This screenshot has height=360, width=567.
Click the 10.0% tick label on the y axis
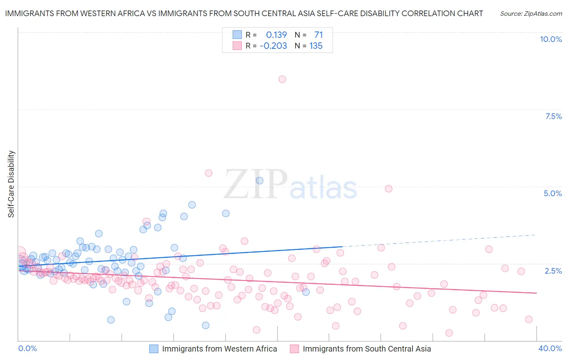pos(550,39)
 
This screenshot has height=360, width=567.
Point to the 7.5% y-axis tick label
pos(553,116)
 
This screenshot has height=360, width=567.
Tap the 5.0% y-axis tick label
pos(552,193)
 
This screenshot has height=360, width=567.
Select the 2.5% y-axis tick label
pos(553,271)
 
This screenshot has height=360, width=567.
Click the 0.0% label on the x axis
pos(27,348)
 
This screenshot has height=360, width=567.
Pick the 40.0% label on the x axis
pos(550,348)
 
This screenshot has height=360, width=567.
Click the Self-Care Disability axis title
pos(11,184)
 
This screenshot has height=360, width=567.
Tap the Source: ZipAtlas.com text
pos(531,14)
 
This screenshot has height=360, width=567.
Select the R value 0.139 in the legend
pos(276,35)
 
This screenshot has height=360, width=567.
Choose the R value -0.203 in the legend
pos(273,46)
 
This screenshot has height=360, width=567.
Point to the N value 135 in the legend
pos(316,46)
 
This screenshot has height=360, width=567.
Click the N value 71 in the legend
pos(319,35)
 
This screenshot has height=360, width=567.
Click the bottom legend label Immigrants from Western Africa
pos(219,349)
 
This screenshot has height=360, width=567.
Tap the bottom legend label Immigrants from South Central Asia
pos(367,349)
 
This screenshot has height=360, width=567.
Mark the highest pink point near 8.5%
pos(282,79)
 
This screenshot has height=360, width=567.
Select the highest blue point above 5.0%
pos(259,181)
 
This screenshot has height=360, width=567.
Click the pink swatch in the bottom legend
pos(294,349)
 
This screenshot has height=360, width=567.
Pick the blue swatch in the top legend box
pos(237,35)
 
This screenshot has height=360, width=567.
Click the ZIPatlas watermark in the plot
pos(290,185)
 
